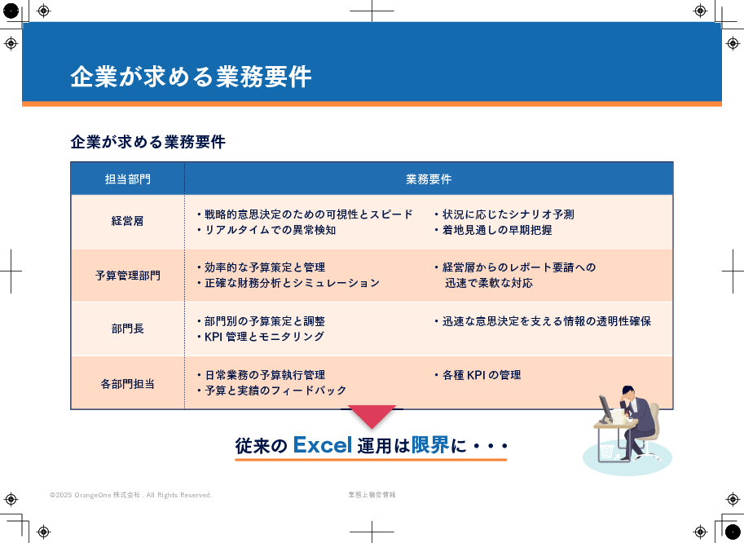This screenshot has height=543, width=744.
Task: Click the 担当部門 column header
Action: pos(128,179)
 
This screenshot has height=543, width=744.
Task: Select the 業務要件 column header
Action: pos(429,179)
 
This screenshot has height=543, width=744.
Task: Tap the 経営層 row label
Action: pos(128,221)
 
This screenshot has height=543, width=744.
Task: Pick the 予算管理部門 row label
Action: pos(128,276)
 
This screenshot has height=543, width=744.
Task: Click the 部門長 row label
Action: pos(128,329)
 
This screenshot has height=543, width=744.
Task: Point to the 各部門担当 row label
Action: pos(128,383)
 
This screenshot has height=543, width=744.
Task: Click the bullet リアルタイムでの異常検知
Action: pos(266,230)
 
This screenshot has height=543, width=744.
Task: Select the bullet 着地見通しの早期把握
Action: pos(494,230)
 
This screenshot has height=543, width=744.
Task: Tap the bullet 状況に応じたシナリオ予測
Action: pos(504,214)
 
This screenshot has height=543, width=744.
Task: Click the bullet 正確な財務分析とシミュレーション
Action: pos(288,283)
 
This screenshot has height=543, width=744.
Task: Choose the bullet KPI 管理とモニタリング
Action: pos(261,337)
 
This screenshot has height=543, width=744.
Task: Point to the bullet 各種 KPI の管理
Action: pos(478,375)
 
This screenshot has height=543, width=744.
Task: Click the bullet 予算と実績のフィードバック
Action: pos(272,391)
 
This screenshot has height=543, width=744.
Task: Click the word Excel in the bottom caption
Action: pos(323,445)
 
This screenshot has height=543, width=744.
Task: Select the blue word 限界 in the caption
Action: pos(430,445)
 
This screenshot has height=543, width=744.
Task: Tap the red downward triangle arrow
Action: pos(372,414)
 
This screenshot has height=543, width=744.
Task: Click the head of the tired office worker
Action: pos(628,393)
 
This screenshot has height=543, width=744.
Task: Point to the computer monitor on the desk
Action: pos(605,408)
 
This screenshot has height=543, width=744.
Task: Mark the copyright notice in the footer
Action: pos(131,495)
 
